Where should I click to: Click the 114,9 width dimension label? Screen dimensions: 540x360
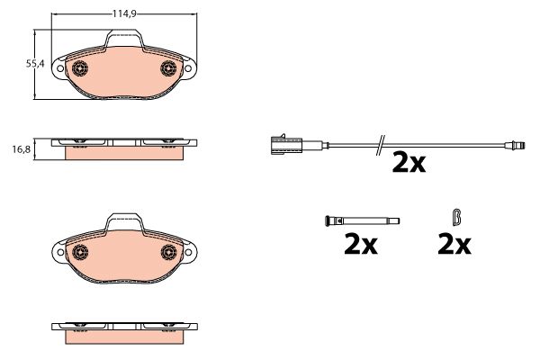point(124,13)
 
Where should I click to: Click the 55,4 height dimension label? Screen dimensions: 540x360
point(35,64)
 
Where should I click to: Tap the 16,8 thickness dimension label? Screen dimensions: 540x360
point(22,149)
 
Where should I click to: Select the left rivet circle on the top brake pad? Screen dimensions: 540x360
point(80,68)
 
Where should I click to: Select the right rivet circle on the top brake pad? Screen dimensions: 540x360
point(168,68)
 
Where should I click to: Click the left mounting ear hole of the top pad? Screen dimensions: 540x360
point(60,68)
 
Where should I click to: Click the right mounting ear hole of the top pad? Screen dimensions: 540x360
point(188,68)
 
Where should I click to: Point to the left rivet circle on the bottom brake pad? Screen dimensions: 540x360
point(80,252)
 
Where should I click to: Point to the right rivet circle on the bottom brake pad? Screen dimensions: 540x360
point(169,252)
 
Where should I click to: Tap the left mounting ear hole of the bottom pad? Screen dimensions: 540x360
point(60,252)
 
